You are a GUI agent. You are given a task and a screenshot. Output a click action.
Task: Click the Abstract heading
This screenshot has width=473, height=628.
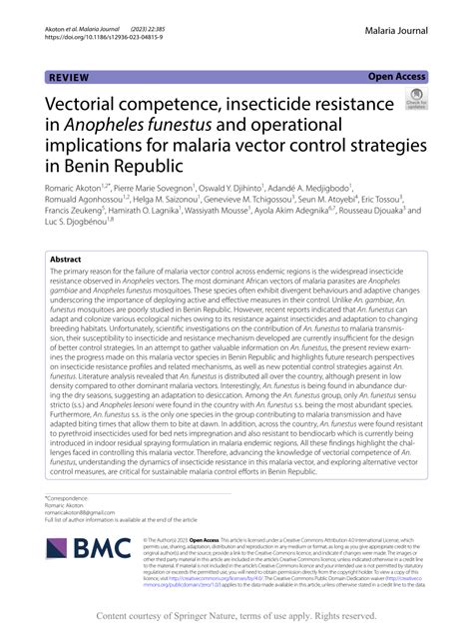pyautogui.click(x=70, y=258)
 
